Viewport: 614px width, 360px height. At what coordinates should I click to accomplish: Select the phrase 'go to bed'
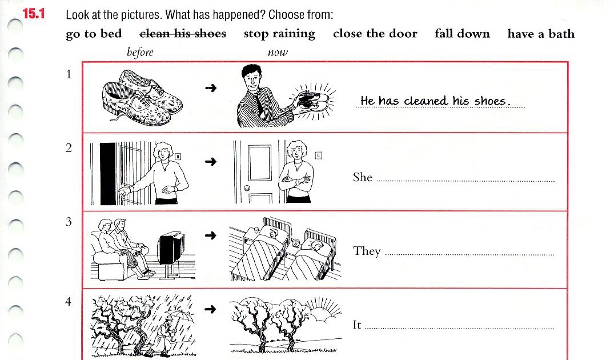click(x=94, y=34)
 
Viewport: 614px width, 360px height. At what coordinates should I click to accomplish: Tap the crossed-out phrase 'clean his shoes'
click(x=183, y=34)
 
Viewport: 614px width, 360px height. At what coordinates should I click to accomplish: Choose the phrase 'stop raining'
click(x=279, y=34)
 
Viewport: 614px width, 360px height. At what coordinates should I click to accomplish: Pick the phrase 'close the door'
click(x=375, y=34)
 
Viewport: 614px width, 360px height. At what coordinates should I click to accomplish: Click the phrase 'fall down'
click(x=462, y=34)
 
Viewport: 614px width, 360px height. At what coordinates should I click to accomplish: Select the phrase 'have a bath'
click(x=540, y=34)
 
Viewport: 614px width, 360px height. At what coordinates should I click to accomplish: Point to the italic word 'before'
click(x=140, y=53)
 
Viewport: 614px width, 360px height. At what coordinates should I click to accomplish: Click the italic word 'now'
click(x=278, y=53)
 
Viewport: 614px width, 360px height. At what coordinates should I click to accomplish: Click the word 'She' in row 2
click(x=363, y=177)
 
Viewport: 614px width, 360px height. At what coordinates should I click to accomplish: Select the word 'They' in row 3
click(x=367, y=251)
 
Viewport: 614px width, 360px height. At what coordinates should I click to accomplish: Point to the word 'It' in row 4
click(x=357, y=325)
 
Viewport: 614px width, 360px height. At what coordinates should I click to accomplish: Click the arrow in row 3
click(x=211, y=235)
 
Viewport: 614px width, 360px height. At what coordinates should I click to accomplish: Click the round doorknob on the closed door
click(x=246, y=188)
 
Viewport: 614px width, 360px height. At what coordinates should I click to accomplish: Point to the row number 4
click(x=69, y=302)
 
